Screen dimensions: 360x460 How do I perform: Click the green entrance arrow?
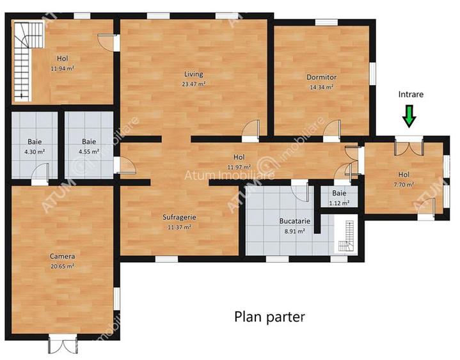pos(409,116)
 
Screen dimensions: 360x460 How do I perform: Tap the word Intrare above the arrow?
pos(410,94)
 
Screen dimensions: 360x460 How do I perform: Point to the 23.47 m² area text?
pos(193,84)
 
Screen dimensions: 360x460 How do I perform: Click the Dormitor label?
pos(321,77)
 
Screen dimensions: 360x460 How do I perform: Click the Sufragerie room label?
pos(178,217)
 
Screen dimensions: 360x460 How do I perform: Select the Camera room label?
pos(63,256)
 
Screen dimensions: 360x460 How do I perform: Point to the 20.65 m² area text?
pos(63,265)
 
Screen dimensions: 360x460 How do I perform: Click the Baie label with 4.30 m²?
pos(35,142)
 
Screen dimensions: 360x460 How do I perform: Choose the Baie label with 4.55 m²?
pos(90,142)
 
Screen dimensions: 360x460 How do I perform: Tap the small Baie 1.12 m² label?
pos(339,193)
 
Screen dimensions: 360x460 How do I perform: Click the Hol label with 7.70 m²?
pos(404,175)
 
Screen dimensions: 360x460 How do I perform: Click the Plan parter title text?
pos(269,316)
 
